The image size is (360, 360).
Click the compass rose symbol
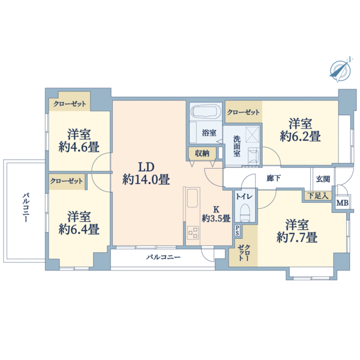tap(340, 69)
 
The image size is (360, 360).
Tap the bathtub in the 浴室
tap(206, 112)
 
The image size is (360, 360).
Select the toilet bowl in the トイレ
tap(245, 212)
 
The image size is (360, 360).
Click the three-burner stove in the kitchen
tap(193, 233)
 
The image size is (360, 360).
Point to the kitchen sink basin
tap(193, 198)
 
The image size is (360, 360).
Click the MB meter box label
tap(343, 203)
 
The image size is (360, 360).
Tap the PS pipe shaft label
tap(237, 230)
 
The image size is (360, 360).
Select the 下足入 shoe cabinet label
tap(318, 196)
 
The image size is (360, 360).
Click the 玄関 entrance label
tap(323, 179)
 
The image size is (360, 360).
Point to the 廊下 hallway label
tap(274, 178)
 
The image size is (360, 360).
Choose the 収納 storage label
tap(202, 154)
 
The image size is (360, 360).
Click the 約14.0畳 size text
tap(146, 179)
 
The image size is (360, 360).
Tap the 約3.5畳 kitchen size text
tap(216, 218)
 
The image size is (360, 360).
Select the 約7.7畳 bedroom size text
tap(297, 237)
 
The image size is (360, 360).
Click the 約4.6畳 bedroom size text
tap(79, 147)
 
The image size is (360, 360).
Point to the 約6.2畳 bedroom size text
tap(300, 136)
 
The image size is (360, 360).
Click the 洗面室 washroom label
tap(237, 146)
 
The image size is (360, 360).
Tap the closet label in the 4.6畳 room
tap(70, 104)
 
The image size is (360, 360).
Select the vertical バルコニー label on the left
tap(26, 208)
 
